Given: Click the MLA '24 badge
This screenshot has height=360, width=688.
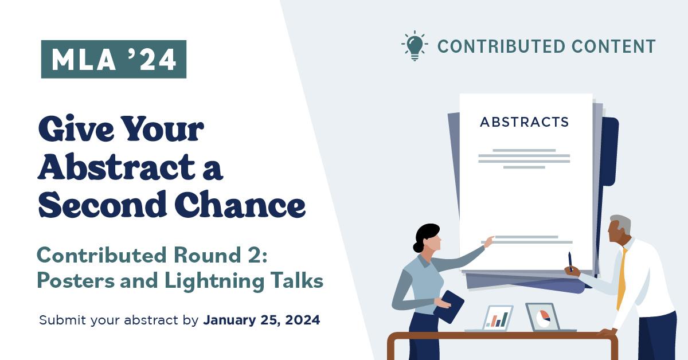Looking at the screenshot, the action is pyautogui.click(x=114, y=59).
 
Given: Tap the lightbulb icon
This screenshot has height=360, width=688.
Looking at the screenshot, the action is pyautogui.click(x=415, y=46).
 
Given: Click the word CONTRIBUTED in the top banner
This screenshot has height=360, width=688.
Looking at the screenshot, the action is pyautogui.click(x=501, y=46).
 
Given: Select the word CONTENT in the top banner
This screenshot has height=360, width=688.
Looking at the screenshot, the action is pyautogui.click(x=613, y=46).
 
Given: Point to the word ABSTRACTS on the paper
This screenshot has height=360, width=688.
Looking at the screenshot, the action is pyautogui.click(x=524, y=122).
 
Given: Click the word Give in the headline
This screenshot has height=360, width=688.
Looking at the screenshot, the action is pyautogui.click(x=76, y=128).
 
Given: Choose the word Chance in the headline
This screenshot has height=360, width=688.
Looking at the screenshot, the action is pyautogui.click(x=240, y=204).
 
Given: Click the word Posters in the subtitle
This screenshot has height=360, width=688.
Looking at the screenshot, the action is pyautogui.click(x=76, y=280).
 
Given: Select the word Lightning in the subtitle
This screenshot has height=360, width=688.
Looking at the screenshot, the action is pyautogui.click(x=214, y=281).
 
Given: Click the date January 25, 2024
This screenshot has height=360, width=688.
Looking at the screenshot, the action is pyautogui.click(x=261, y=320).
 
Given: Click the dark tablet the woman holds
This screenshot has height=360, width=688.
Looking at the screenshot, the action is pyautogui.click(x=449, y=307).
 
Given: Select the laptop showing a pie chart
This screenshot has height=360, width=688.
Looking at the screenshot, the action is pyautogui.click(x=547, y=318).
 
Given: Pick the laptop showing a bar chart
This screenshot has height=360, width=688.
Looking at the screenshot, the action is pyautogui.click(x=493, y=319).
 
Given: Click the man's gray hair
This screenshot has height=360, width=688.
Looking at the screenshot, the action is pyautogui.click(x=621, y=223).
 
